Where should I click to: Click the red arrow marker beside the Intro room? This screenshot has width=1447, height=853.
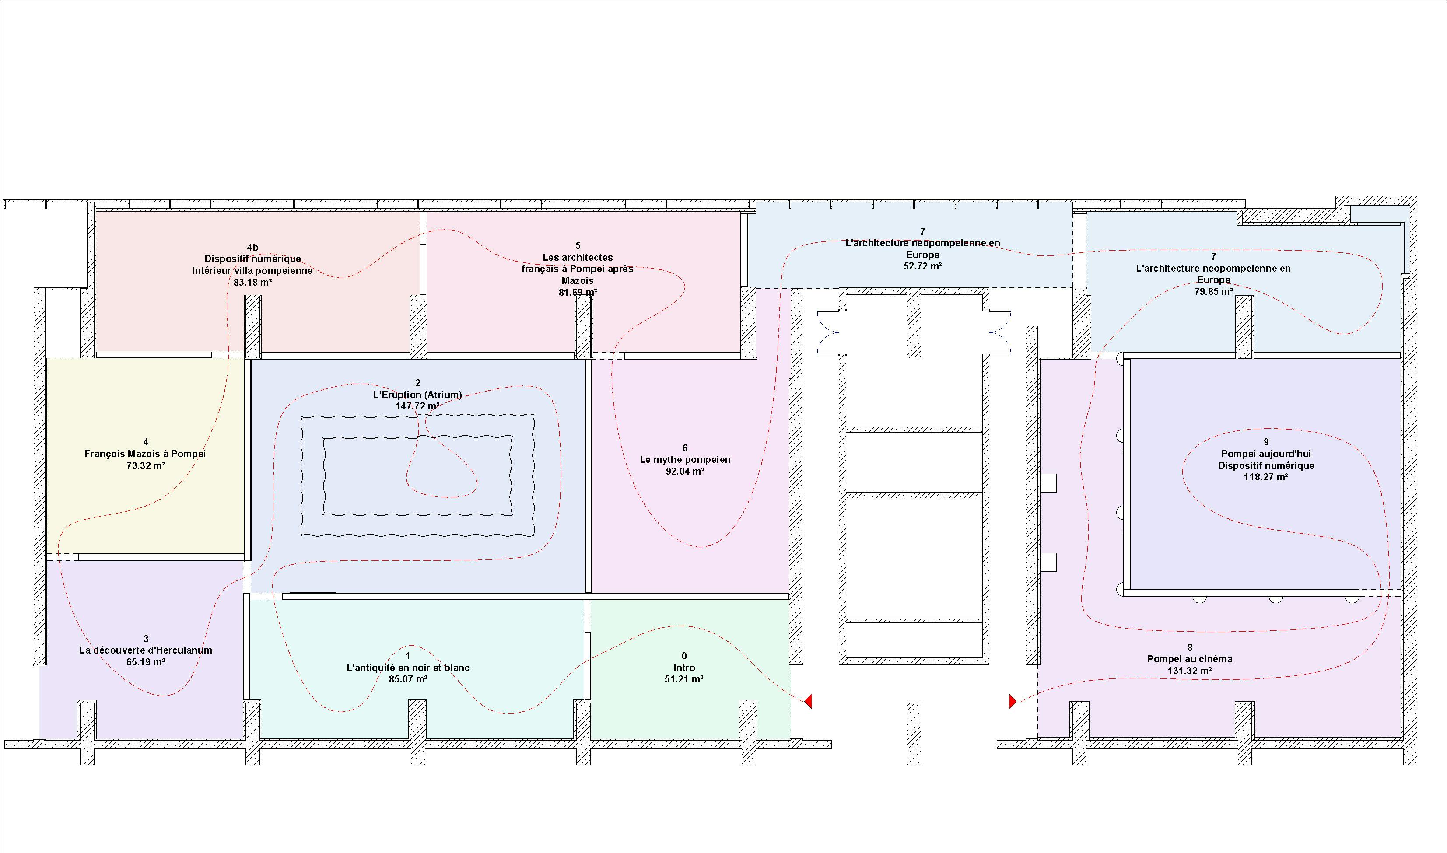(808, 701)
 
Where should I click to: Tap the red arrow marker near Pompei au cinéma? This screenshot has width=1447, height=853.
(1013, 701)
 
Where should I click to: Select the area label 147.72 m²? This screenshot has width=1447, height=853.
(417, 406)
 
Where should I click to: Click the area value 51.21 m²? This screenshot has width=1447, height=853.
(684, 679)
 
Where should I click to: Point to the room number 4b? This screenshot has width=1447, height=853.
(252, 248)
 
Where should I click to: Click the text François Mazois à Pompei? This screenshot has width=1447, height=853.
(145, 454)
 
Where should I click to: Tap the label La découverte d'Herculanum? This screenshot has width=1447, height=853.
(145, 650)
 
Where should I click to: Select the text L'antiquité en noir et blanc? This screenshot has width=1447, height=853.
(408, 668)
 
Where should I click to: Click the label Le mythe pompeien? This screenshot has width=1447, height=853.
(685, 460)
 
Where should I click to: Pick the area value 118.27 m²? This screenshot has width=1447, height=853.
(1266, 477)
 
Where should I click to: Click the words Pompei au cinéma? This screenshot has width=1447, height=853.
(1190, 659)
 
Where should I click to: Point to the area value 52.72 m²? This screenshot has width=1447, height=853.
(923, 266)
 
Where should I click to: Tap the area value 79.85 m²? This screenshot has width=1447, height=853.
(1214, 291)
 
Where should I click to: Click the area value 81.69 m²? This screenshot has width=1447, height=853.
(578, 293)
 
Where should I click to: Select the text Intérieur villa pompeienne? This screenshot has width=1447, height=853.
(252, 271)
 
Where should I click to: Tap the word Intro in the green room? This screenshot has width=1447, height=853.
(684, 668)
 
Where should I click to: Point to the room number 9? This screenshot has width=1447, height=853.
(1266, 442)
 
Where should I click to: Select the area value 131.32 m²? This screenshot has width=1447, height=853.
(1190, 671)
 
